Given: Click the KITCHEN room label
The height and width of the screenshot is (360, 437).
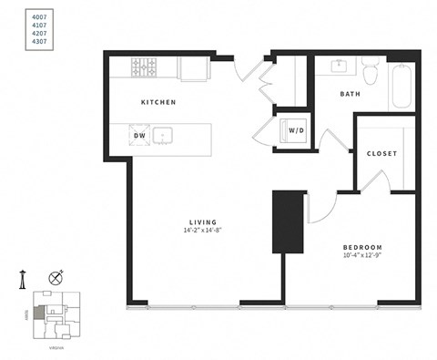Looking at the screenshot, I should tap(158, 102).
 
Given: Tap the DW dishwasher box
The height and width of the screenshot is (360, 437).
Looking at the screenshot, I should tap(140, 136).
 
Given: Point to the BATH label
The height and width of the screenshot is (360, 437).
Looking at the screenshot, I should tap(351, 94).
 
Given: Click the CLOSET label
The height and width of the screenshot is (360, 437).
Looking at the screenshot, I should tap(381, 153).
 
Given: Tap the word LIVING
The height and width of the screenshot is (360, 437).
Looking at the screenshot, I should tap(203, 221).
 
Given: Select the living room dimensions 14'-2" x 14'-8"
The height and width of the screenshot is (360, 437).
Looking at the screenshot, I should tap(203, 231).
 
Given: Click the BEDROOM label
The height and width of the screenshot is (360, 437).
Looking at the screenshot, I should tap(362, 248).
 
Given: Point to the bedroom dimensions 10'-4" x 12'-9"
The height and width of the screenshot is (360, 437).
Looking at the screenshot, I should tap(362, 257).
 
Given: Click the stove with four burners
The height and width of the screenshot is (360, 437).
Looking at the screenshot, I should tap(144, 67).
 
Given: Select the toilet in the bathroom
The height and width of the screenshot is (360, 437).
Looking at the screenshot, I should tap(371, 69).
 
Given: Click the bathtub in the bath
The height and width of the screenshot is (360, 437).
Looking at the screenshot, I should tap(401, 87).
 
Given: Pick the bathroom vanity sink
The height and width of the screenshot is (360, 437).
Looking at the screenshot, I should tap(339, 66).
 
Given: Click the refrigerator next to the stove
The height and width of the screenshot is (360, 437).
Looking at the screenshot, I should tap(193, 67).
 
